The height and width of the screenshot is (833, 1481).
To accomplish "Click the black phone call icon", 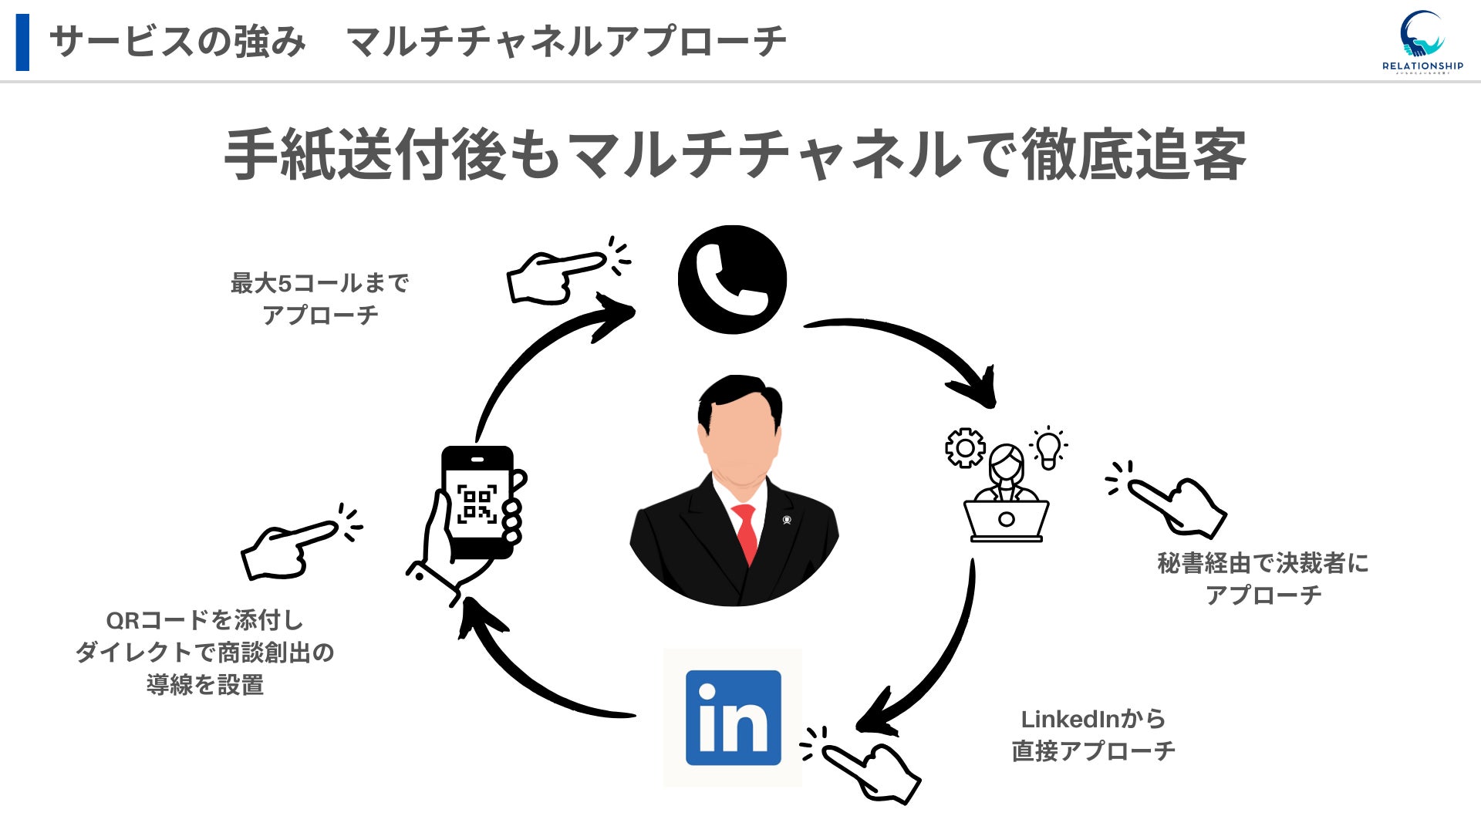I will [732, 279].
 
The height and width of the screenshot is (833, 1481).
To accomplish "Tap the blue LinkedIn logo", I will [733, 717].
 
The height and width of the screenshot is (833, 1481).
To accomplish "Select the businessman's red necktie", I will [746, 532].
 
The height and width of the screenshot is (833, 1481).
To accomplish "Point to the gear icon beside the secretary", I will [965, 447].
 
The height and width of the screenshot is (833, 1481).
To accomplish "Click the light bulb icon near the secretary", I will [1048, 448].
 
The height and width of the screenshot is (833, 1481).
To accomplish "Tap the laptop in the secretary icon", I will [1006, 520].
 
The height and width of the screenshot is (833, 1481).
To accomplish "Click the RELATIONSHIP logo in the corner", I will [1422, 42].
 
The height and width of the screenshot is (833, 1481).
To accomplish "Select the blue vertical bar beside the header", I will [22, 42].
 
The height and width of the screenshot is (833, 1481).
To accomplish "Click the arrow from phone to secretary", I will [910, 343].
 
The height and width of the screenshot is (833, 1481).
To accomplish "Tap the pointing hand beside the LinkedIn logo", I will [868, 767].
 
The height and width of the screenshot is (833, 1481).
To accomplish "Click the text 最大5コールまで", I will [319, 283].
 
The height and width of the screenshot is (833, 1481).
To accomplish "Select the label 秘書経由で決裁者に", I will [1263, 563].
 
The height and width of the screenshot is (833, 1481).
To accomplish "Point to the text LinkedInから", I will [1093, 719].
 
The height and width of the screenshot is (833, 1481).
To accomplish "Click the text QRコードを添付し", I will [204, 620].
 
